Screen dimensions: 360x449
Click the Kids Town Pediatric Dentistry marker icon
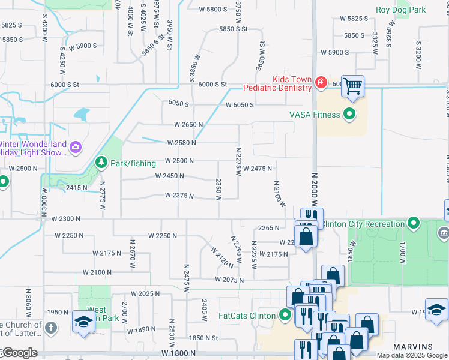[x=321, y=83]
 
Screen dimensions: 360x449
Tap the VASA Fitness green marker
[x=348, y=115]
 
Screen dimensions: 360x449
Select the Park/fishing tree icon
[x=101, y=163]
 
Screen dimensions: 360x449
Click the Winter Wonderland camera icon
[x=75, y=147]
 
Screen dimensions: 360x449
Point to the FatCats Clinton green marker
[x=286, y=314]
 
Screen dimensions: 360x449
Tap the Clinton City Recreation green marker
[x=413, y=224]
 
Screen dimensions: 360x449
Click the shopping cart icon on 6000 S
[x=353, y=86]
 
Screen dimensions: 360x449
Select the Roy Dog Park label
[x=400, y=10]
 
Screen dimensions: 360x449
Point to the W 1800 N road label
[x=178, y=354]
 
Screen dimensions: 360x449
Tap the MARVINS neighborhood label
[x=412, y=347]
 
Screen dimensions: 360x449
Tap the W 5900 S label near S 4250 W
[x=82, y=46]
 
